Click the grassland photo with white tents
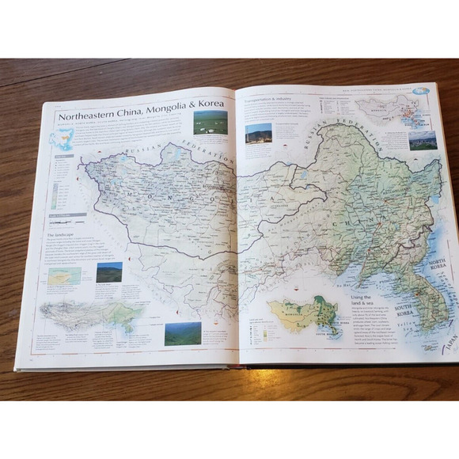point(210,122)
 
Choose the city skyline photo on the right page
point(422,140)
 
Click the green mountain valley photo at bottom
point(182,332)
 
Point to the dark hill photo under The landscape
point(108,272)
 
